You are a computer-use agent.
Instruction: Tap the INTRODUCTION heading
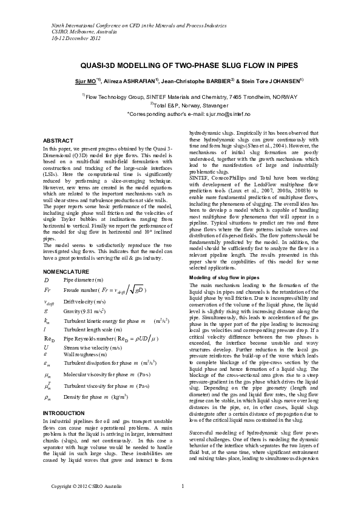coord(64,413)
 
